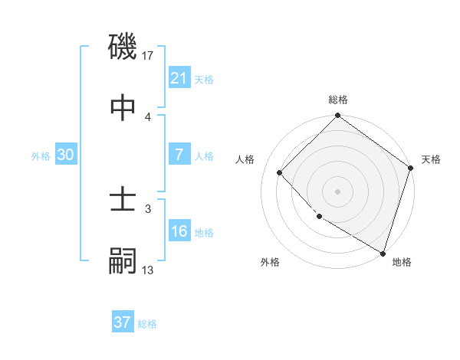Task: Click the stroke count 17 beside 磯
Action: (x=149, y=56)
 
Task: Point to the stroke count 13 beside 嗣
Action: (x=148, y=270)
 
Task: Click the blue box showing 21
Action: (x=179, y=78)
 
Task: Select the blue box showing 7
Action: (x=179, y=155)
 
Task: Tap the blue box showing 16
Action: (x=179, y=231)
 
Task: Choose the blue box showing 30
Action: (x=66, y=155)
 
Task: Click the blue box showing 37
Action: (x=123, y=322)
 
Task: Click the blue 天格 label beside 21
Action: (x=204, y=79)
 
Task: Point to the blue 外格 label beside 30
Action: (x=41, y=155)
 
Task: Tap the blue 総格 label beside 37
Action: (x=147, y=323)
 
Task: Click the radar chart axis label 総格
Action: (x=338, y=100)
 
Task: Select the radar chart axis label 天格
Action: (x=431, y=159)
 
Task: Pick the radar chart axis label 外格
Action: (x=270, y=262)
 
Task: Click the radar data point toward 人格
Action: (x=280, y=173)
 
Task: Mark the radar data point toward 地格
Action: (x=383, y=252)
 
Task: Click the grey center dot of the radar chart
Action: (x=338, y=191)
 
